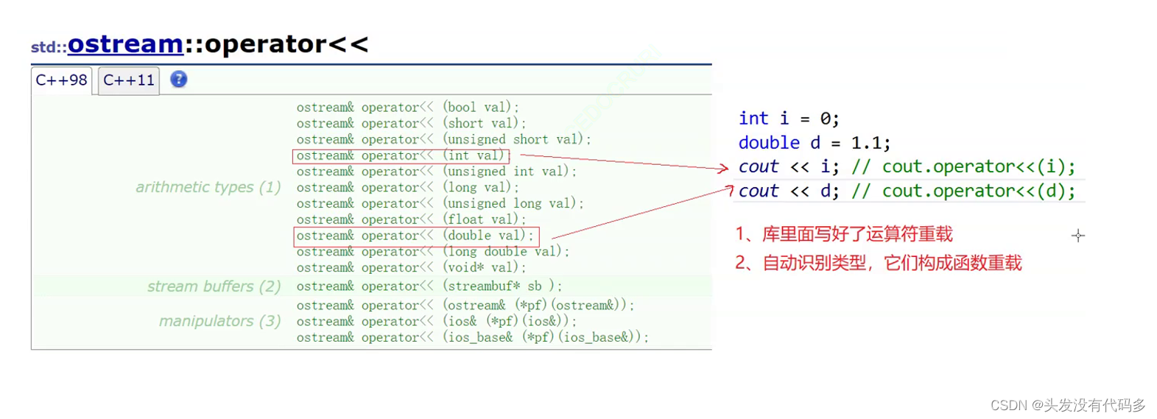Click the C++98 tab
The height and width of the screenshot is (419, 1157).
(x=61, y=80)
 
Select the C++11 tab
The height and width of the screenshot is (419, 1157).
(x=129, y=80)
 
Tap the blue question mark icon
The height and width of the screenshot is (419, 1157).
(x=179, y=80)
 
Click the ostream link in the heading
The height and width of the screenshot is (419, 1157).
(x=125, y=44)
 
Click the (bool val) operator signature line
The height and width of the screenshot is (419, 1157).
(x=407, y=108)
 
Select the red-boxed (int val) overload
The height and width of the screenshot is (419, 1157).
(x=401, y=155)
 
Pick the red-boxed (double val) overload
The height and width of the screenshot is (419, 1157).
(x=416, y=236)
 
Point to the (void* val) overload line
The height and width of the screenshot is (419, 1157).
(x=411, y=268)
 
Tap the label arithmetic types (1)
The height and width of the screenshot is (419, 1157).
(x=208, y=187)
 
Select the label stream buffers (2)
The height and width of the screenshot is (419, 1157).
(x=214, y=286)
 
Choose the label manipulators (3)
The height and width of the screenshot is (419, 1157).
(x=219, y=321)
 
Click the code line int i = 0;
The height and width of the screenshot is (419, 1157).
(x=789, y=119)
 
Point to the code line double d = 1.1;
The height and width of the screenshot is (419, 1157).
(x=814, y=143)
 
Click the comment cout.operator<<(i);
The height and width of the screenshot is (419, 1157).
(x=978, y=167)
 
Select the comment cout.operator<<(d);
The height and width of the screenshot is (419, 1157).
(x=978, y=191)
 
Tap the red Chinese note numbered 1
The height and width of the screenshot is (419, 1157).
(x=844, y=235)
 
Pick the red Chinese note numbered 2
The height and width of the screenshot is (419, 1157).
(x=878, y=264)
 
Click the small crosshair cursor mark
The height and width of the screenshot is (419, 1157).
(x=1078, y=236)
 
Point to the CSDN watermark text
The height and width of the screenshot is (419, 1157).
(x=1068, y=405)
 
